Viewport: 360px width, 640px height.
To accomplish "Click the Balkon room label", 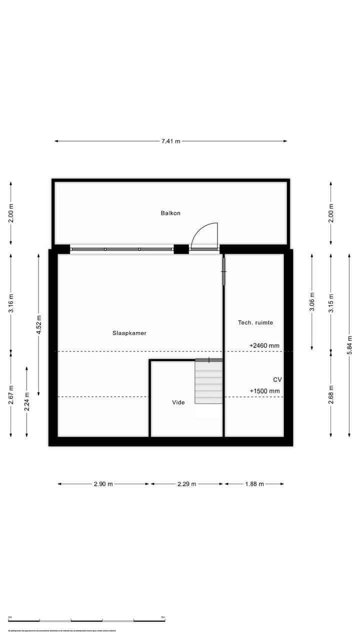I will tap(170, 213).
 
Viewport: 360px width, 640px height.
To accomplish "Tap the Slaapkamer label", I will tap(129, 333).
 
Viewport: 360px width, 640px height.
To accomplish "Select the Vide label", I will tap(178, 402).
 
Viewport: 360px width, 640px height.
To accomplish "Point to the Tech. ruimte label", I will tap(255, 322).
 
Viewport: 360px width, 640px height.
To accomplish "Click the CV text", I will tap(277, 379).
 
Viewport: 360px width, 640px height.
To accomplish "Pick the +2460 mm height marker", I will tap(264, 345).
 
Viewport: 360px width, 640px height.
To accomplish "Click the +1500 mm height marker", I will tap(264, 391).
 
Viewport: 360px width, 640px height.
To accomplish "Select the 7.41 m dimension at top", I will tap(170, 141).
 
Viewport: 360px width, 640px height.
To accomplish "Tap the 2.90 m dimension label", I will tap(103, 484).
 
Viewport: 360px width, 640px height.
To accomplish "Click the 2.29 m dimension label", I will tap(186, 484).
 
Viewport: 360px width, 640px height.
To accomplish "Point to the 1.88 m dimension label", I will tap(254, 484).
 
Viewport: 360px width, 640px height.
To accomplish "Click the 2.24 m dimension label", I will tap(27, 401).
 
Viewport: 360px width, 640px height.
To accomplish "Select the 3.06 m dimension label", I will tap(312, 302).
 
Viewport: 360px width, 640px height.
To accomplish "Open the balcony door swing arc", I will tap(205, 234).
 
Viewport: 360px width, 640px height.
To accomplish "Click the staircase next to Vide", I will tap(208, 382).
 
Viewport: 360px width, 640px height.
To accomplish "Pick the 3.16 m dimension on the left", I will tap(11, 304).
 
